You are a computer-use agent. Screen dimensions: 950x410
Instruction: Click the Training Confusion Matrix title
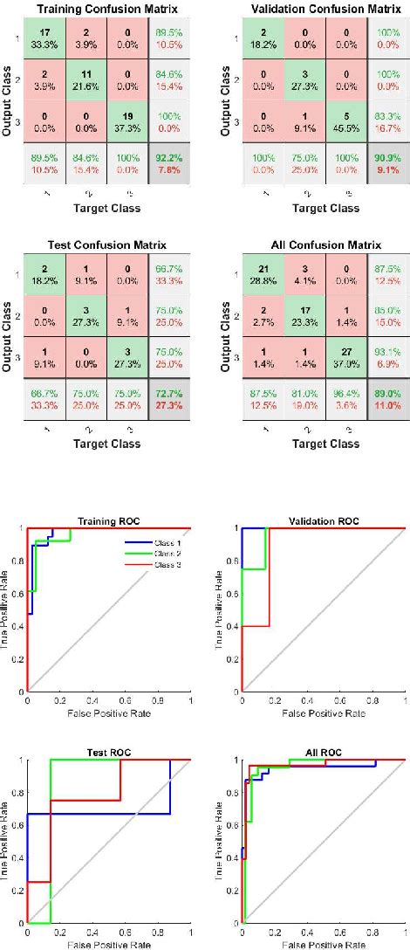pos(98,9)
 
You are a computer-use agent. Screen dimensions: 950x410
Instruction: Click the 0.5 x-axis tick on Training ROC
pos(109,699)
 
